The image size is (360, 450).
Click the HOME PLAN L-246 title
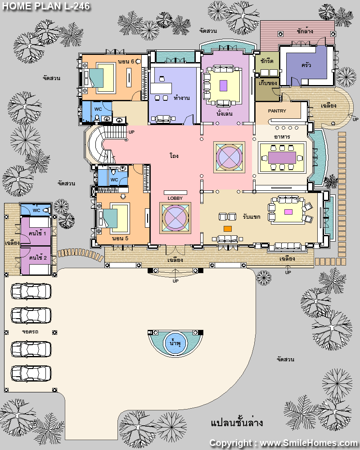[x=46, y=6]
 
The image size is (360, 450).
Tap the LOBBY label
[x=175, y=198]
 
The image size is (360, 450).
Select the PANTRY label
[x=277, y=111]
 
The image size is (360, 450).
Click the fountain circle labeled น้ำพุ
[x=175, y=343]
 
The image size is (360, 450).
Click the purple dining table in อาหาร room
[x=282, y=157]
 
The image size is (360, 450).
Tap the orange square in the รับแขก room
[x=228, y=229]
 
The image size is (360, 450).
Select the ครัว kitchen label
[x=306, y=65]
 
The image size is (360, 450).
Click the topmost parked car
[x=31, y=291]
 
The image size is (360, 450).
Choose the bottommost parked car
[x=31, y=373]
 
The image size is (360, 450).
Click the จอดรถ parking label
[x=30, y=332]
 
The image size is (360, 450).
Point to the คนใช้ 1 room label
[x=37, y=233]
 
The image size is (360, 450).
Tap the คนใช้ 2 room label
[x=38, y=257]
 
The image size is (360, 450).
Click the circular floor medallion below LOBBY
[x=175, y=218]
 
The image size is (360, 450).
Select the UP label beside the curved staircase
[x=131, y=132]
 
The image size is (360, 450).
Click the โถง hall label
[x=174, y=156]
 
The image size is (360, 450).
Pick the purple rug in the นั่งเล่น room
[x=223, y=85]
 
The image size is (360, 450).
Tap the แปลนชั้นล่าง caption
[x=237, y=423]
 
